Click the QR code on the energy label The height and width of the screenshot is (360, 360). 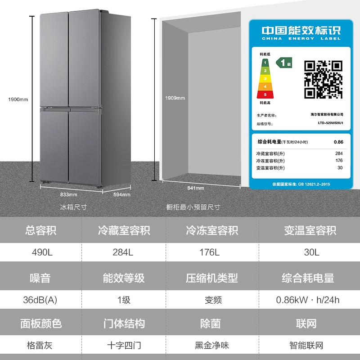(x=323, y=79)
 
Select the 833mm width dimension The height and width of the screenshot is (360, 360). (x=69, y=194)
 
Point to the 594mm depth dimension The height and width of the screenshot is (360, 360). (x=121, y=194)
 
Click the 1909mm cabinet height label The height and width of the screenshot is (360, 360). (x=175, y=98)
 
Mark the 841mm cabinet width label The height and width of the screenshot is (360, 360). (x=196, y=188)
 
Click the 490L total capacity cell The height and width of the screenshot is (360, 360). (x=40, y=252)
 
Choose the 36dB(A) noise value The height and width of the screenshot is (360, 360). (x=40, y=300)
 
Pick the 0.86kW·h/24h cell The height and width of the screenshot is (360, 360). (x=308, y=300)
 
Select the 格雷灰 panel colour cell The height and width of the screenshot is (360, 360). (x=40, y=346)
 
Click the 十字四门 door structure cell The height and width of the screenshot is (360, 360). (x=124, y=346)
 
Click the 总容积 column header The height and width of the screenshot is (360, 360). (x=40, y=231)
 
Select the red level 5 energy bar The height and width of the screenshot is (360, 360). (x=264, y=94)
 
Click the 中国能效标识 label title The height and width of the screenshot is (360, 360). (x=301, y=31)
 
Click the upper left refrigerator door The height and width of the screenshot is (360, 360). (x=54, y=58)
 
